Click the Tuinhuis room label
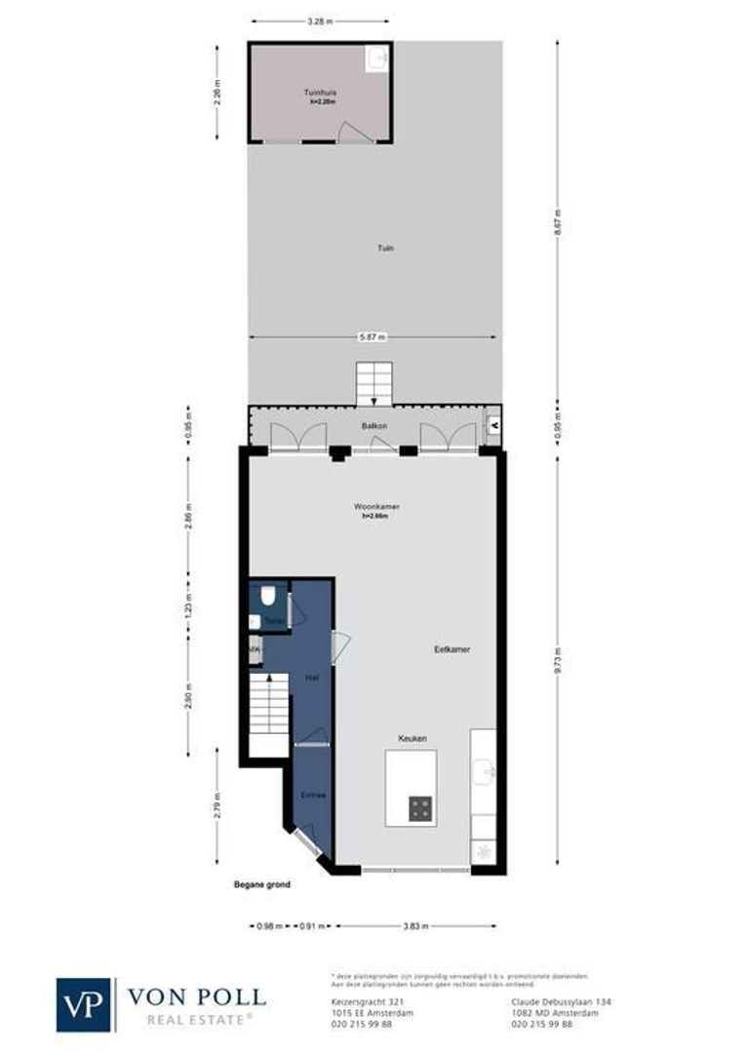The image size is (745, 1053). pos(319,94)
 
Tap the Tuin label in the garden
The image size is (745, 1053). pos(386,249)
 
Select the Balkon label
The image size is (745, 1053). pos(374,426)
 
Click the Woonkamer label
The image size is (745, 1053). pos(377,507)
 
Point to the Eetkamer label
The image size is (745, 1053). pos(452,648)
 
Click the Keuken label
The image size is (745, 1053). pos(412,739)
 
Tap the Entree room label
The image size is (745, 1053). pos(312,796)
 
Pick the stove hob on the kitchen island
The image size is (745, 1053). pos(421,807)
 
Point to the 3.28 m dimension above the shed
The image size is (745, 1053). pos(320,19)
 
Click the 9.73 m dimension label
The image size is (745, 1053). pos(558,660)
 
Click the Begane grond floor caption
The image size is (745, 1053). pos(262,885)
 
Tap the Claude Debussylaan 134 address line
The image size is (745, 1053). pos(561,1001)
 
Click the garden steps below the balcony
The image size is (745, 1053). pos(372,383)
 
